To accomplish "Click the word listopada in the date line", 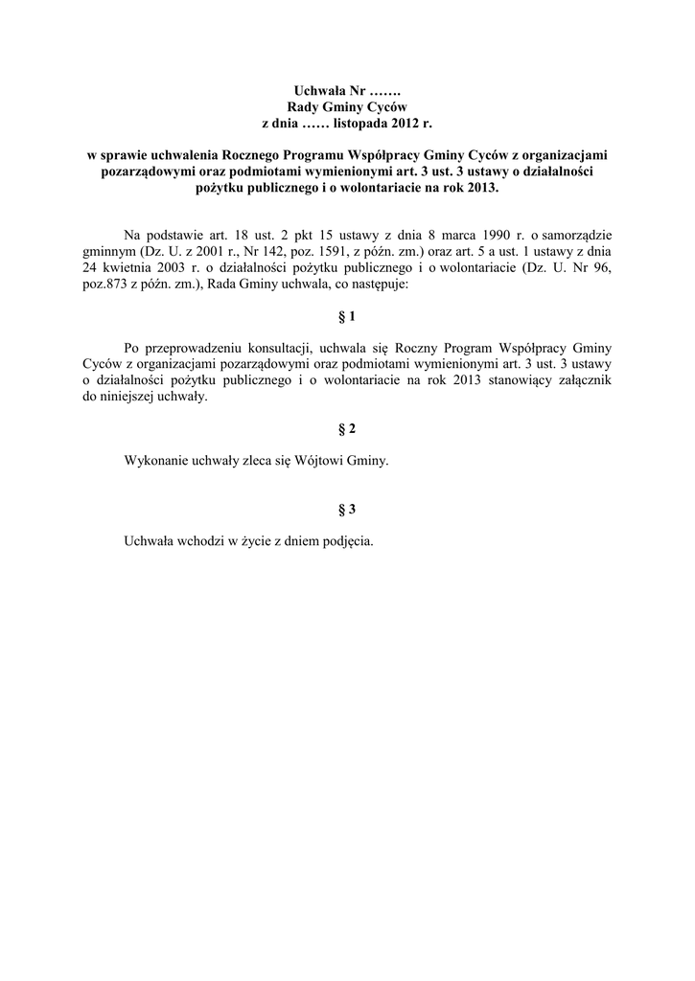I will pos(361,124).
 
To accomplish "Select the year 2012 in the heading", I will pos(406,124).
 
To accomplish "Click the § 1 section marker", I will pos(348,315).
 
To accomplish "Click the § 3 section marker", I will pos(348,509).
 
